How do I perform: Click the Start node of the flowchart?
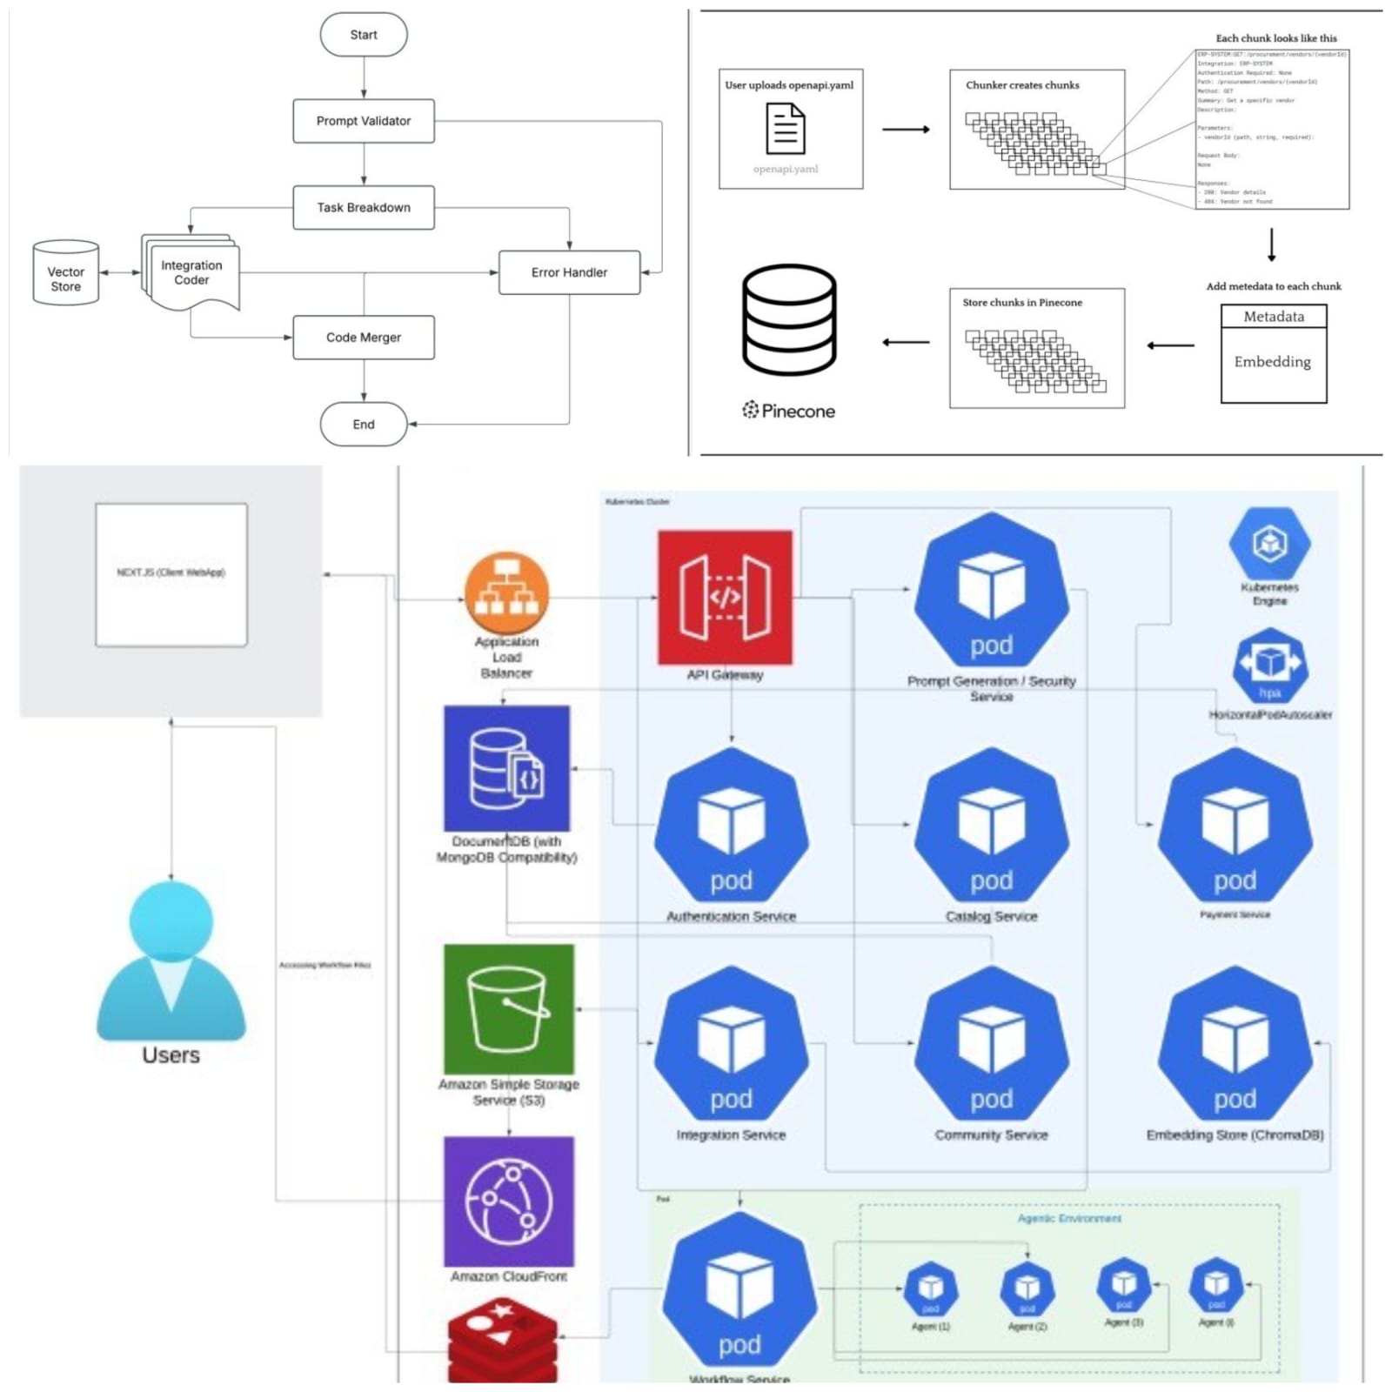pyautogui.click(x=364, y=35)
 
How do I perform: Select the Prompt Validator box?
pyautogui.click(x=364, y=121)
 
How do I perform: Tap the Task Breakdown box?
pyautogui.click(x=364, y=207)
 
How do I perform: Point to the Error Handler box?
pyautogui.click(x=569, y=272)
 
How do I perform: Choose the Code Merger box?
pyautogui.click(x=364, y=338)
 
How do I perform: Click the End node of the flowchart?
pyautogui.click(x=364, y=425)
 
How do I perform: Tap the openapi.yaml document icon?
pyautogui.click(x=785, y=129)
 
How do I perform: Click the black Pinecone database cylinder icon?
pyautogui.click(x=789, y=319)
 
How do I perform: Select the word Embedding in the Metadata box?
pyautogui.click(x=1272, y=362)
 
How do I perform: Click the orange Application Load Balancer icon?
pyautogui.click(x=507, y=594)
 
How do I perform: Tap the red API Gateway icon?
pyautogui.click(x=725, y=598)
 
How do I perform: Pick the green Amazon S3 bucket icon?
pyautogui.click(x=509, y=1009)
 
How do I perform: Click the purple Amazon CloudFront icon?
pyautogui.click(x=509, y=1201)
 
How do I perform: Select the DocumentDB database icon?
pyautogui.click(x=506, y=768)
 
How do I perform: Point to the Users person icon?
pyautogui.click(x=171, y=961)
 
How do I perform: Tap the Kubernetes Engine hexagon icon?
pyautogui.click(x=1269, y=544)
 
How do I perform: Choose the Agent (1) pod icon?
pyautogui.click(x=931, y=1288)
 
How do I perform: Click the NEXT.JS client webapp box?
pyautogui.click(x=171, y=574)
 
